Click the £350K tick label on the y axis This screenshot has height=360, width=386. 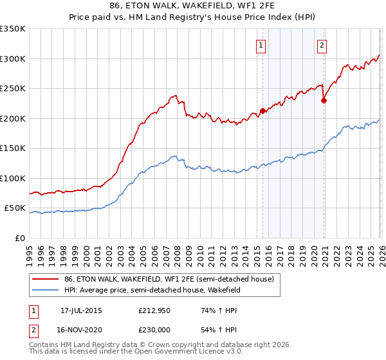click(x=13, y=29)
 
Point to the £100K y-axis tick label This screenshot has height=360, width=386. click(x=13, y=178)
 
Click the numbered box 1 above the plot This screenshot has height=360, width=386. click(x=261, y=45)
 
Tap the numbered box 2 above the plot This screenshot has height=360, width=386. click(x=321, y=45)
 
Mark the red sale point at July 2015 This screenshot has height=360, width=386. click(x=262, y=111)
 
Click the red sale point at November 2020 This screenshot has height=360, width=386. click(x=324, y=100)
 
